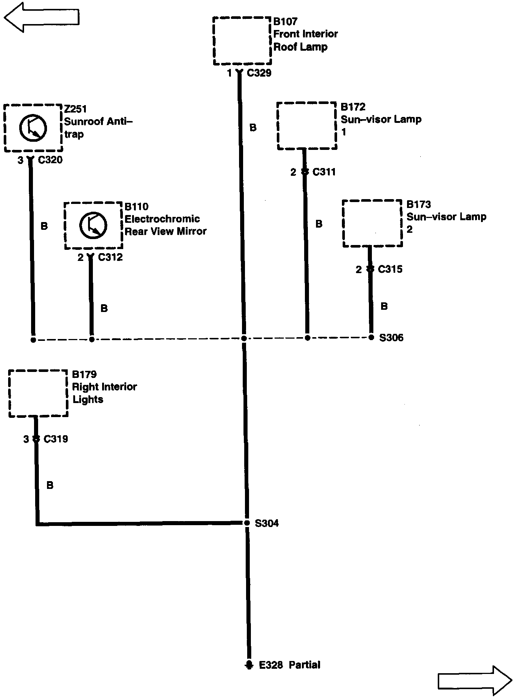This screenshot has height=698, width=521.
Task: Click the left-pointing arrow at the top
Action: pos(41,17)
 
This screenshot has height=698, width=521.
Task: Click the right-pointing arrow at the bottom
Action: pos(475,680)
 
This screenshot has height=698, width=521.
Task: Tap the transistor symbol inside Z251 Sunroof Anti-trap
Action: pos(33,128)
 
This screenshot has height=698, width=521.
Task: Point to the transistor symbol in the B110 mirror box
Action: pos(93,225)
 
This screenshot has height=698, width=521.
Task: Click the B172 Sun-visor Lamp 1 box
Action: pos(307,126)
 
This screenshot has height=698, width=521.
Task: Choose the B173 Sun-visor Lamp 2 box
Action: pos(372,223)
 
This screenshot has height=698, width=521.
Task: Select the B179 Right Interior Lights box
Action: pos(38,393)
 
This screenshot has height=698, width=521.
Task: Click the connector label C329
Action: pos(259,73)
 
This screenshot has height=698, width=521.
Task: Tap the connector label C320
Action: pos(50,160)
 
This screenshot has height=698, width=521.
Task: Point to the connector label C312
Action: pos(110,257)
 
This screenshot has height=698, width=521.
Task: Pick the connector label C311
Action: pos(324,172)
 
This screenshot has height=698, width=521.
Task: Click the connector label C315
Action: pos(390,269)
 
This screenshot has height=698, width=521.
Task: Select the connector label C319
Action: pos(56,439)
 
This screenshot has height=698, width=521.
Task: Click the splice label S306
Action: pos(391,338)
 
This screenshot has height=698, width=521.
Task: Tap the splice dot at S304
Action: pos(247,523)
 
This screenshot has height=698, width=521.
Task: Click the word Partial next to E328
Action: pos(304,665)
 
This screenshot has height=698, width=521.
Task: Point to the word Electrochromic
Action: pos(162,219)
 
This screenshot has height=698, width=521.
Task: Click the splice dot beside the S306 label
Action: pos(371,337)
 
